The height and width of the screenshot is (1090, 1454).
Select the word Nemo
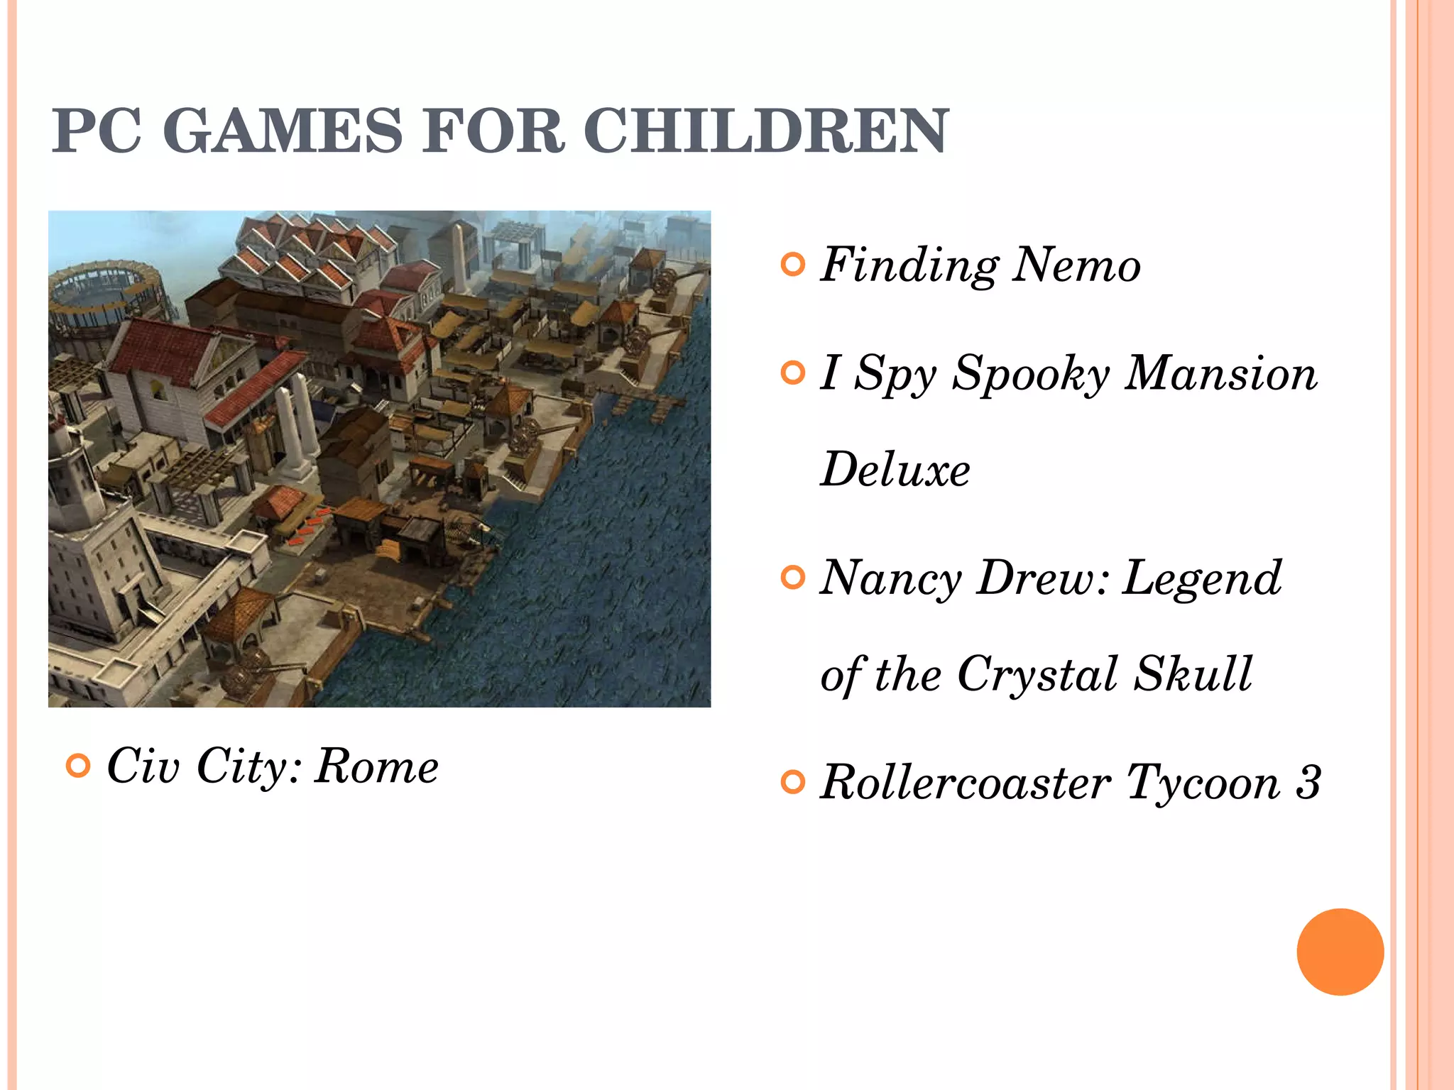click(1076, 265)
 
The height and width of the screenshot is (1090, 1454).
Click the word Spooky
click(1030, 374)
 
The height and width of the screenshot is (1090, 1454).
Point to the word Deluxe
click(895, 470)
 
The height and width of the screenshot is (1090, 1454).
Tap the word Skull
click(1193, 674)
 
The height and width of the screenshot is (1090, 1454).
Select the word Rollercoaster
click(966, 782)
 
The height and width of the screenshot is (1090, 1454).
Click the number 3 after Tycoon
click(1308, 782)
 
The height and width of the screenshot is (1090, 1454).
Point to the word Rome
click(377, 766)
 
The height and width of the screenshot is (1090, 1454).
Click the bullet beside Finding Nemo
click(792, 265)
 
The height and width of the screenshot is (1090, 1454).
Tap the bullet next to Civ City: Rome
click(78, 766)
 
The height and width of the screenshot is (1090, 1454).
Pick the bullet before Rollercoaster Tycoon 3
click(792, 782)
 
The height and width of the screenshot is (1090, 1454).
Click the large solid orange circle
click(1340, 952)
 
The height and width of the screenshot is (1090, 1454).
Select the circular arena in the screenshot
click(106, 291)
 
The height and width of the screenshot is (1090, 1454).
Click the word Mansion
click(1221, 374)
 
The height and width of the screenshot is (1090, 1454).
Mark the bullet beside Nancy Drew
click(792, 578)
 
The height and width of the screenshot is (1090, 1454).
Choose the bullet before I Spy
click(792, 373)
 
